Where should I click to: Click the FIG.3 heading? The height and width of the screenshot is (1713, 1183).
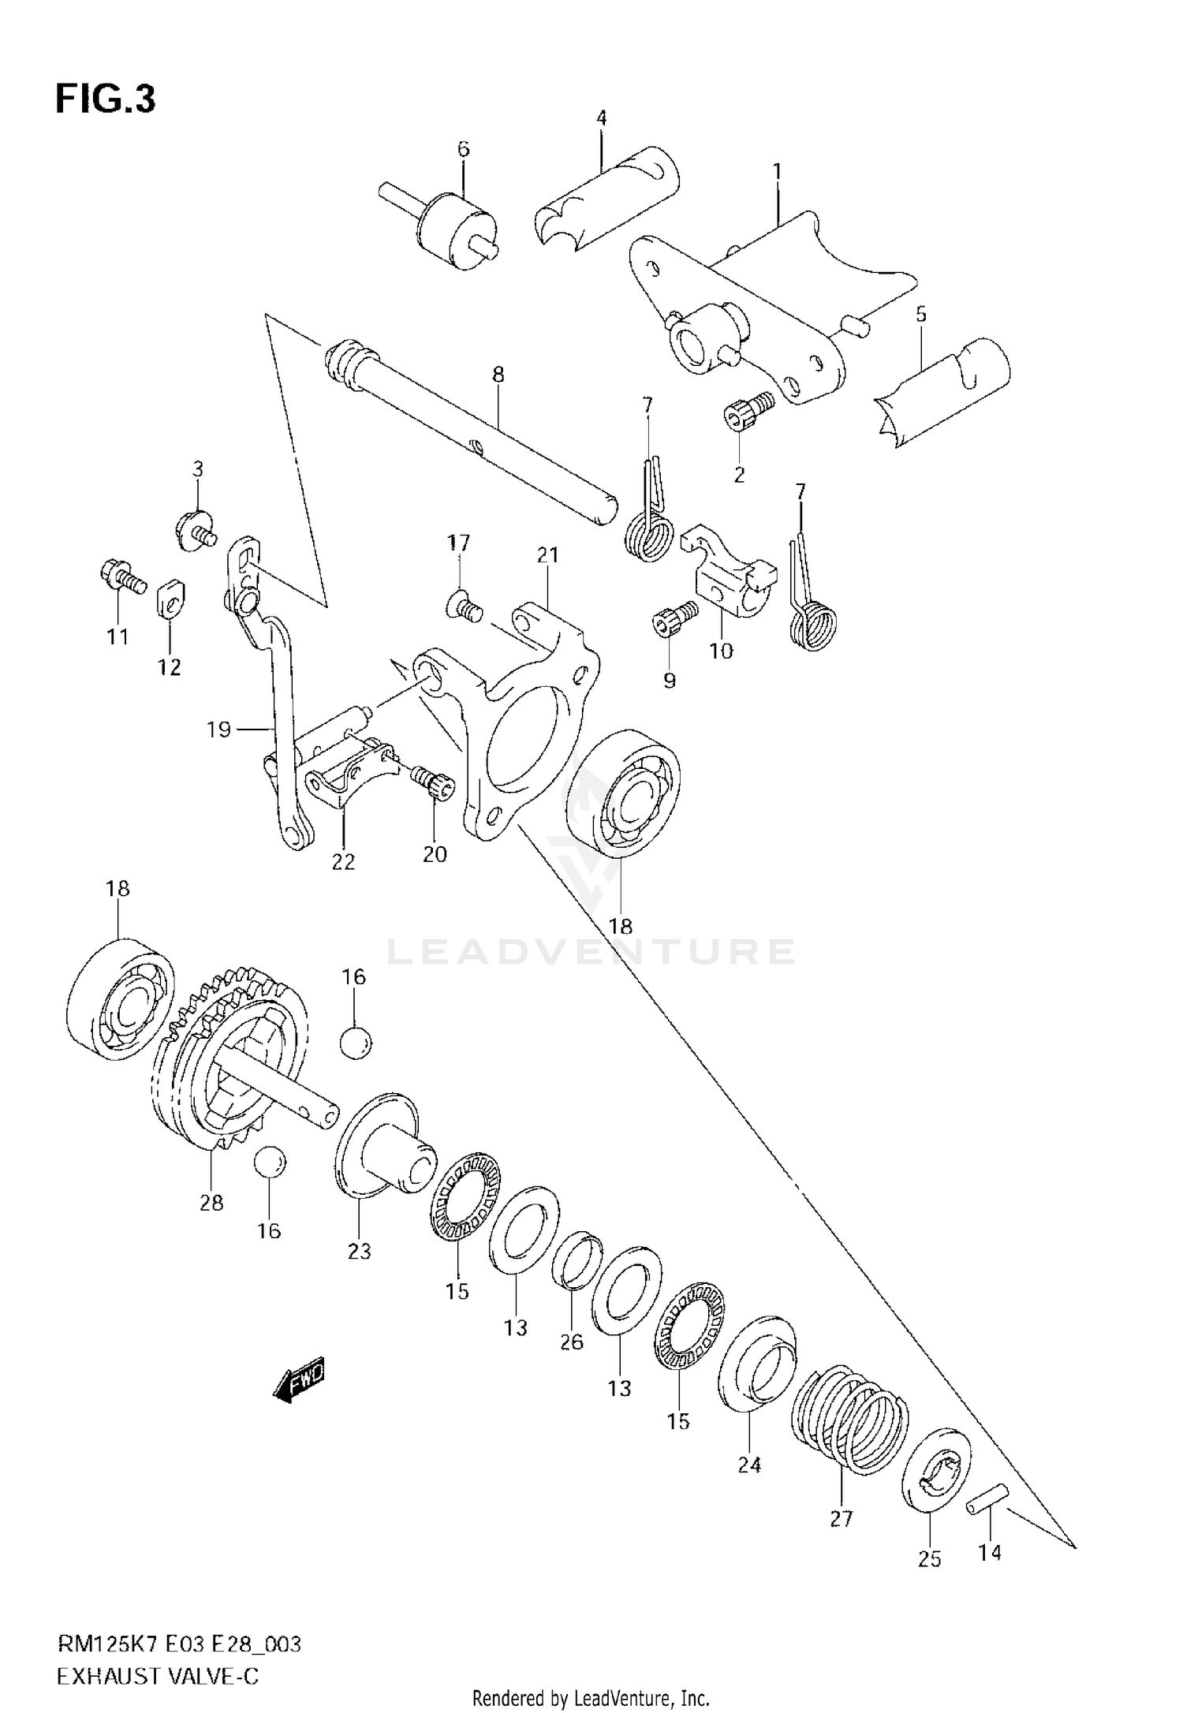pyautogui.click(x=105, y=100)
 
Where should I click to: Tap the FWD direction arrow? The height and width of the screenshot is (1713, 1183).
pyautogui.click(x=299, y=1379)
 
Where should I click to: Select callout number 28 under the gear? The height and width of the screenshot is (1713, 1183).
pyautogui.click(x=212, y=1203)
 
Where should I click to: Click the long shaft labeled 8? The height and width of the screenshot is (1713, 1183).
pyautogui.click(x=473, y=430)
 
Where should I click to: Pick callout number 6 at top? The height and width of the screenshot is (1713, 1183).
pyautogui.click(x=463, y=148)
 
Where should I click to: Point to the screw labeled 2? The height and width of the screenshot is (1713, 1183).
pyautogui.click(x=749, y=411)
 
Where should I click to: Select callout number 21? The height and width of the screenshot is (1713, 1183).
pyautogui.click(x=547, y=555)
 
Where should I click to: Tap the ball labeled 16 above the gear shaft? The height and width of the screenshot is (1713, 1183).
pyautogui.click(x=356, y=1043)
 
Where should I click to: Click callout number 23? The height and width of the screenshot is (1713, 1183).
pyautogui.click(x=359, y=1251)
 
